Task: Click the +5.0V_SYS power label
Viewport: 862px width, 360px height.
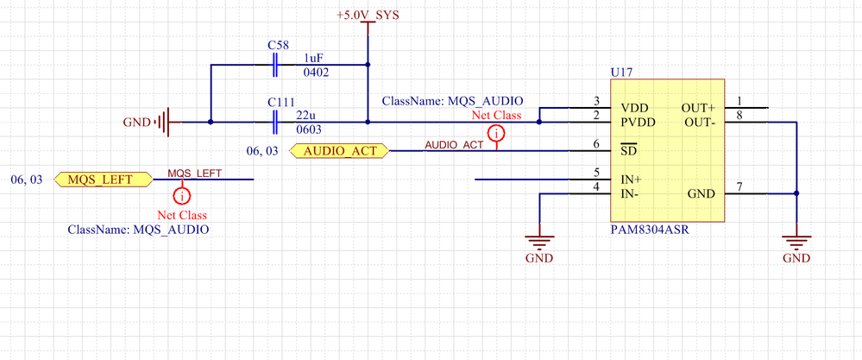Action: click(x=368, y=16)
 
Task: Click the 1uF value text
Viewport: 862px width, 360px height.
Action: click(x=314, y=57)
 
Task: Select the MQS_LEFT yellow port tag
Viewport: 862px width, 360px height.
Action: click(x=100, y=180)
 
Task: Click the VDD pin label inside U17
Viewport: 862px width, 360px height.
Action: click(x=634, y=110)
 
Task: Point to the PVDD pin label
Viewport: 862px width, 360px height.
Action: click(x=638, y=123)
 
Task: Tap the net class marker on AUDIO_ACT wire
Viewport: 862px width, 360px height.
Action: click(x=496, y=134)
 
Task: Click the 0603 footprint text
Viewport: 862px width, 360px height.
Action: click(x=310, y=129)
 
